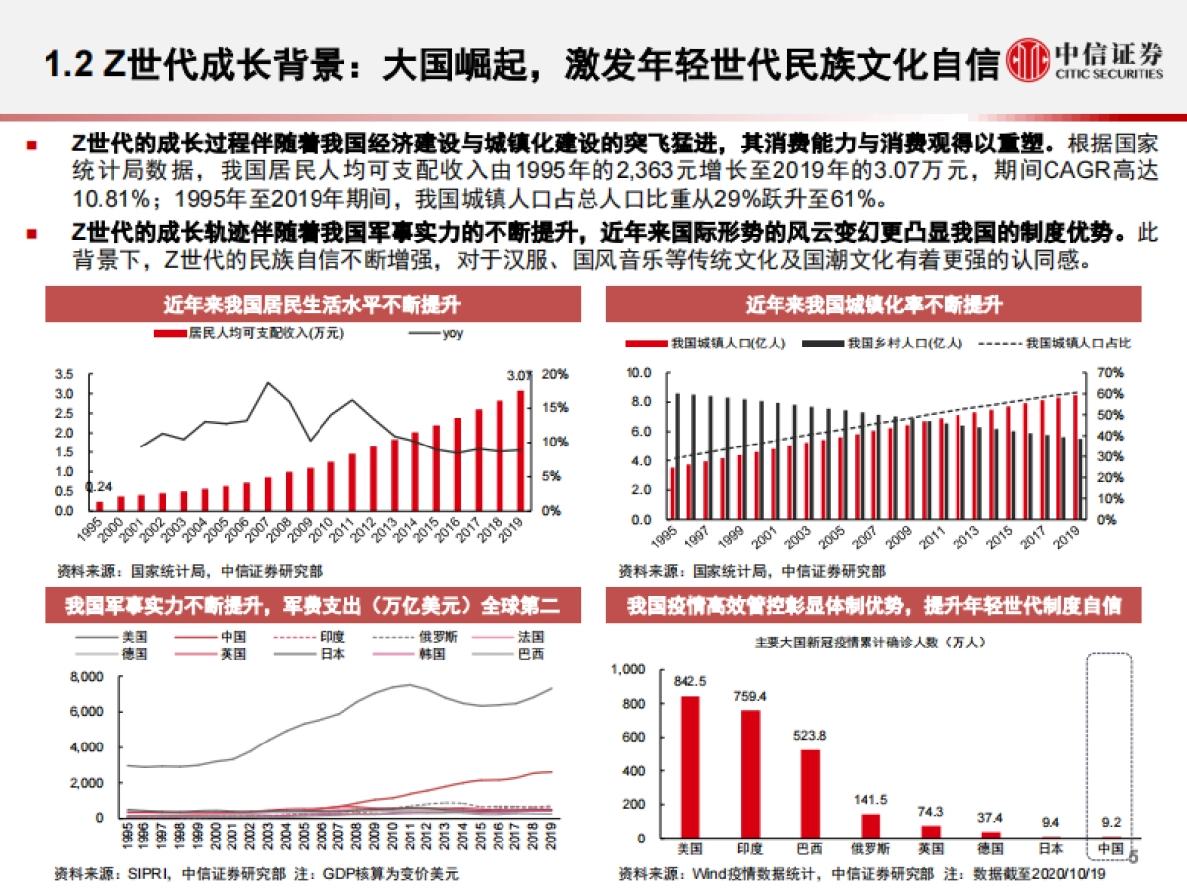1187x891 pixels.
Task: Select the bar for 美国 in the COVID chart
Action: pyautogui.click(x=689, y=766)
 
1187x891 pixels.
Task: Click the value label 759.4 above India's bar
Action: pyautogui.click(x=751, y=697)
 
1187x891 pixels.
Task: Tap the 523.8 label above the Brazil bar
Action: pyautogui.click(x=811, y=736)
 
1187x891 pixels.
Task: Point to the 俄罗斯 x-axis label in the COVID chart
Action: pyautogui.click(x=870, y=849)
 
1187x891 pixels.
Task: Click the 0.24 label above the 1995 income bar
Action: pyautogui.click(x=99, y=487)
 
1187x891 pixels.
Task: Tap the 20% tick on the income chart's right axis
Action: pyautogui.click(x=555, y=374)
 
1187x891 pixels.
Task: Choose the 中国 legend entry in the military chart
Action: pyautogui.click(x=213, y=637)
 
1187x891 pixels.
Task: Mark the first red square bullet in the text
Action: pyautogui.click(x=32, y=146)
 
